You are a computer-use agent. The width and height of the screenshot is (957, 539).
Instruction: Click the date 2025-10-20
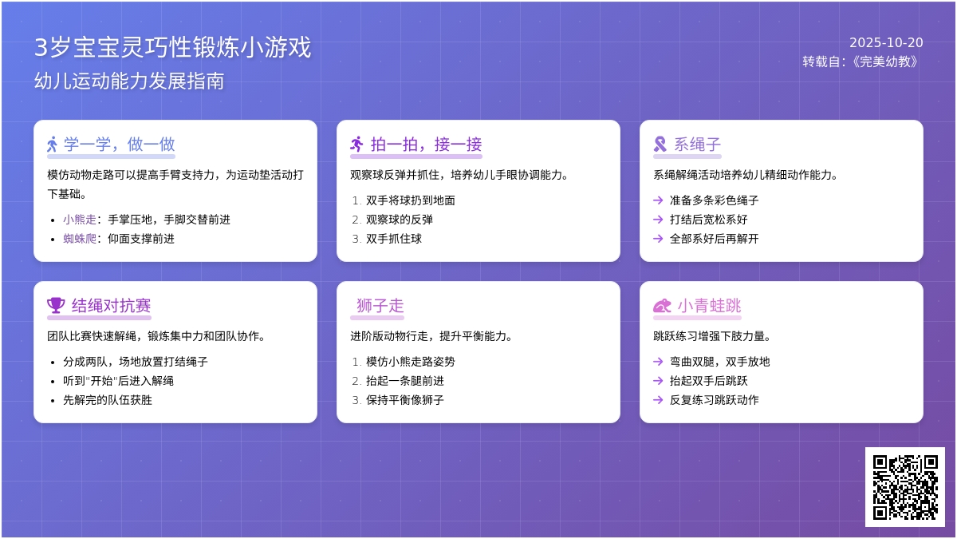(886, 43)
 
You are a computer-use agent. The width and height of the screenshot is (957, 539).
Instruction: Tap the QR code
(905, 487)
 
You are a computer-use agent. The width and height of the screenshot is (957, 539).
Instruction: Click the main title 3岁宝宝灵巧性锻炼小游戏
(172, 47)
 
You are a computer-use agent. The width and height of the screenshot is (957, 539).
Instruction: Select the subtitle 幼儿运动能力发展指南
(129, 81)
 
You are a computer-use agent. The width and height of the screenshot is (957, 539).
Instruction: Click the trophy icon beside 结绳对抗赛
(56, 305)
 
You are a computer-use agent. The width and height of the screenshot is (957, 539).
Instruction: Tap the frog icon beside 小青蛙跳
(662, 306)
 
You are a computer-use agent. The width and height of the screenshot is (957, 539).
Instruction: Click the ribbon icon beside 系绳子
(660, 145)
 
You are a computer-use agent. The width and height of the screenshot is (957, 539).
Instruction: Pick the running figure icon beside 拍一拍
(356, 145)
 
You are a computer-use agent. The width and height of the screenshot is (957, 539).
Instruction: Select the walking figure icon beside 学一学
(52, 145)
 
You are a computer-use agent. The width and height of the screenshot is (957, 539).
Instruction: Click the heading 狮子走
(380, 306)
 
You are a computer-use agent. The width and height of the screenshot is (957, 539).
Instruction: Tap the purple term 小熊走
(80, 220)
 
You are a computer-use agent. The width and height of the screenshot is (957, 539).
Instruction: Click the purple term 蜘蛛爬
(80, 239)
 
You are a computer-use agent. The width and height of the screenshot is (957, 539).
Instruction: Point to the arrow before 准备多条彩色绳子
(658, 200)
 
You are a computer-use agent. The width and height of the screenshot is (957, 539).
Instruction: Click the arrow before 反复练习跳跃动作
(658, 400)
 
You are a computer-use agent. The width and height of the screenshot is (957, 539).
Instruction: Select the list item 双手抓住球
(394, 239)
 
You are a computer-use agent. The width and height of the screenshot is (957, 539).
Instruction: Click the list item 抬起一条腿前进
(405, 381)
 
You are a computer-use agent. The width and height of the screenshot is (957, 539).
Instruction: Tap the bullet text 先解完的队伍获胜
(108, 400)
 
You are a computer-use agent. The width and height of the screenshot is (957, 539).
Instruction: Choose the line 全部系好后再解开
(715, 239)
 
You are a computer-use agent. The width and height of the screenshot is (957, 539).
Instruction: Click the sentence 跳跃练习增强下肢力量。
(713, 336)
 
